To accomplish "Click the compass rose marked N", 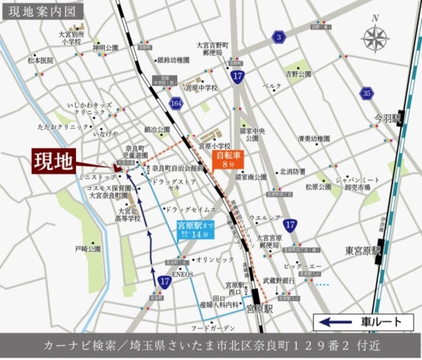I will pyautogui.click(x=375, y=36).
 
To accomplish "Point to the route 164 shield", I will pyautogui.click(x=177, y=102).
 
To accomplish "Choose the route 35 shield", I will pyautogui.click(x=367, y=93).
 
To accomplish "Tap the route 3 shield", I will pyautogui.click(x=279, y=37).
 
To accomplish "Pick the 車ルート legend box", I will pyautogui.click(x=363, y=322).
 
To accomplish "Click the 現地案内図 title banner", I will pyautogui.click(x=43, y=11).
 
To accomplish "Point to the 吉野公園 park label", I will pyautogui.click(x=299, y=74).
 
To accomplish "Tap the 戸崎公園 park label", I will pyautogui.click(x=88, y=249).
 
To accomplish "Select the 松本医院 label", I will pyautogui.click(x=40, y=60).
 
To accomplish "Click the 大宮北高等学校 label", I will pyautogui.click(x=129, y=215).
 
